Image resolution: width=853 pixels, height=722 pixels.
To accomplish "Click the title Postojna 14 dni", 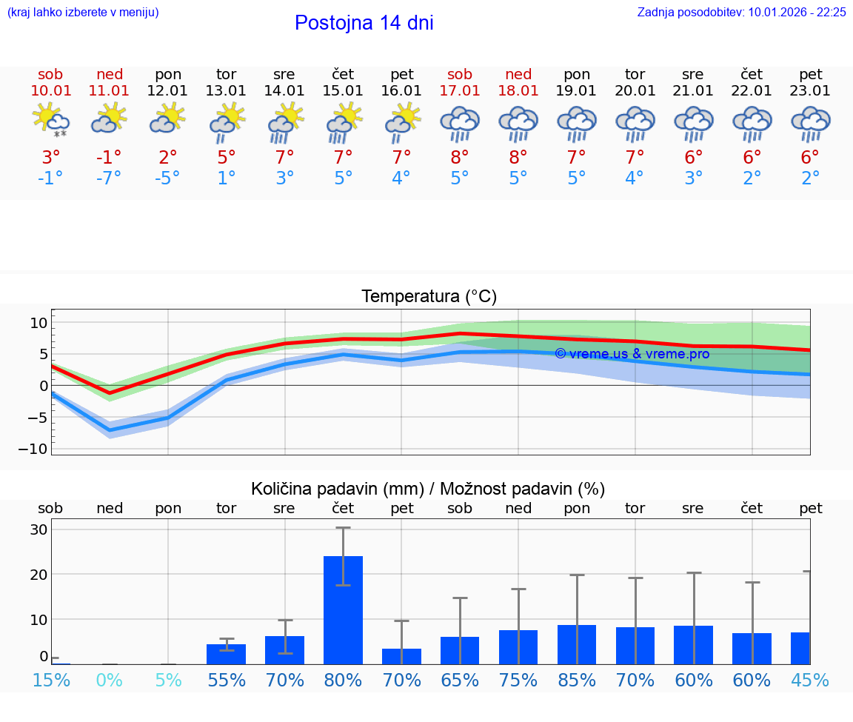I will tap(364, 23).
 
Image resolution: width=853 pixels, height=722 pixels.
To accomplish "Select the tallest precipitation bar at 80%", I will tap(343, 609).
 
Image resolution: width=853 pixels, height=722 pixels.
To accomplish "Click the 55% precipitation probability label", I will tap(227, 680).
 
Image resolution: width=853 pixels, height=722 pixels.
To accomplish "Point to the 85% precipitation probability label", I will tap(577, 680).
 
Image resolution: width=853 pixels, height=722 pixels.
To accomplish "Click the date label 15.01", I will tap(343, 90).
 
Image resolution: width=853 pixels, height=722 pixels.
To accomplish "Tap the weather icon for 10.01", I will tap(51, 120).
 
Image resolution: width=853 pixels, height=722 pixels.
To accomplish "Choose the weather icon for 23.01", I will tap(810, 123).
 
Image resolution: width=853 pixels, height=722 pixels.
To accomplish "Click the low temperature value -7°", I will tap(109, 178).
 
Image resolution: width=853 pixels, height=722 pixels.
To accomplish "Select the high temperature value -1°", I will tap(109, 157).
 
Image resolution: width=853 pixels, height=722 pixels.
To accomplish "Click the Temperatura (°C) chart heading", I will tap(429, 296).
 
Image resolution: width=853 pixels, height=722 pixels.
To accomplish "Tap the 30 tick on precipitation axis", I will tap(39, 529).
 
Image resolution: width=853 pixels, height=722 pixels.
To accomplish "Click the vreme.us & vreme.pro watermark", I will tap(632, 354).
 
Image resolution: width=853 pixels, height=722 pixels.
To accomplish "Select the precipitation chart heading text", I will tap(428, 489).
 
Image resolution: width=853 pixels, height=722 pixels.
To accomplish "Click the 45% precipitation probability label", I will tap(810, 680).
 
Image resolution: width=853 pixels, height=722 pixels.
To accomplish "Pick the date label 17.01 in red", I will tap(460, 90).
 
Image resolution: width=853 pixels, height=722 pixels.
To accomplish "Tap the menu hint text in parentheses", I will tap(83, 12).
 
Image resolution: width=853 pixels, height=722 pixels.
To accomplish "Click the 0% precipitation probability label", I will tap(109, 680).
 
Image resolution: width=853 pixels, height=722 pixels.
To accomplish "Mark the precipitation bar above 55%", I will tap(226, 654).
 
